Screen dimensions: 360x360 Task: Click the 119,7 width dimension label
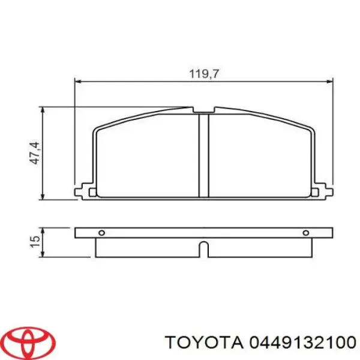click(204, 74)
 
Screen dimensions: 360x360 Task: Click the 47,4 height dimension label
click(35, 153)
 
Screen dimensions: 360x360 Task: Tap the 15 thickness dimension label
click(35, 242)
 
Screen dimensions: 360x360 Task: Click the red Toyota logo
click(30, 340)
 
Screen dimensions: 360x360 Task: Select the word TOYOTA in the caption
click(204, 343)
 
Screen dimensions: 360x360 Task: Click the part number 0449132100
click(303, 343)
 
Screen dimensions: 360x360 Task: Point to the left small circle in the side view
click(102, 233)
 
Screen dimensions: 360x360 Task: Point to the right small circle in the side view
click(306, 233)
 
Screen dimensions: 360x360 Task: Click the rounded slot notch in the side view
click(203, 249)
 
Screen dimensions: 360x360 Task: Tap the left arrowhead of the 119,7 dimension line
click(79, 81)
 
